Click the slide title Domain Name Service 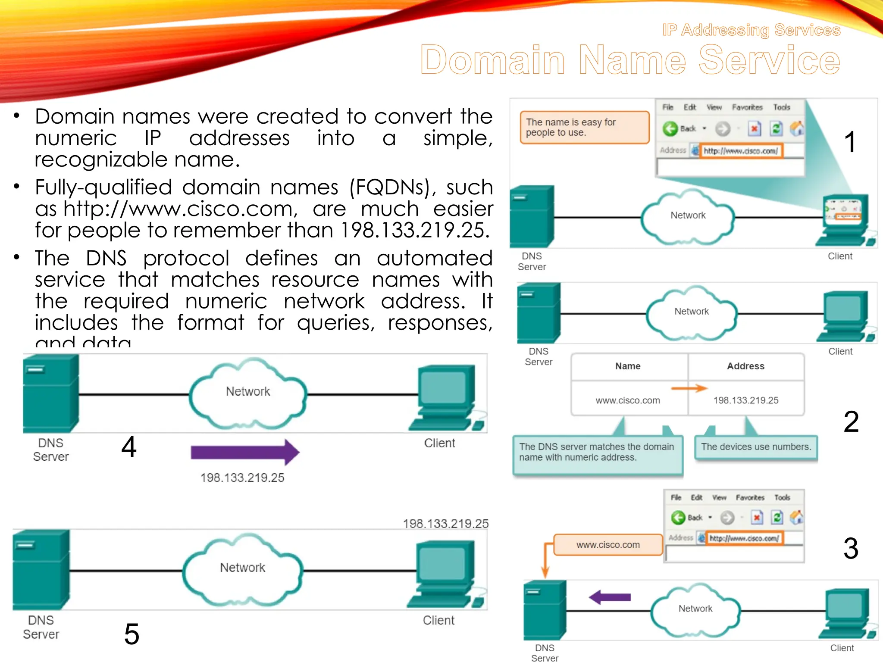(x=629, y=60)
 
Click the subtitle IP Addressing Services (x=751, y=30)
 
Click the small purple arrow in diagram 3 (x=610, y=597)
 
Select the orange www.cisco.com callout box (x=608, y=545)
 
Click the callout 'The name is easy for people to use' (x=584, y=127)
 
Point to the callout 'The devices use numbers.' (x=756, y=447)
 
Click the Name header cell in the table (x=628, y=366)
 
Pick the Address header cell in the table (x=745, y=366)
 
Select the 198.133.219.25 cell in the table (x=745, y=400)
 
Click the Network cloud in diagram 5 (x=242, y=569)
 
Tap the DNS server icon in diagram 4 (x=51, y=393)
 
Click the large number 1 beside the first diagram (x=849, y=142)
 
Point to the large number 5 (x=132, y=634)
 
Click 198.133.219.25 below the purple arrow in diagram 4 (x=242, y=478)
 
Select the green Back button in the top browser (x=671, y=128)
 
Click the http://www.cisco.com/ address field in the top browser (x=740, y=151)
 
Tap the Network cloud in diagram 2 (x=691, y=312)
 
